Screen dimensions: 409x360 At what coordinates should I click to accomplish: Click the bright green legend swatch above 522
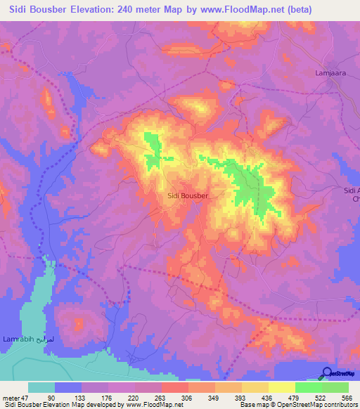[309, 387]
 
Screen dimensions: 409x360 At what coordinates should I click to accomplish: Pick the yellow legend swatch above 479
[282, 387]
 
